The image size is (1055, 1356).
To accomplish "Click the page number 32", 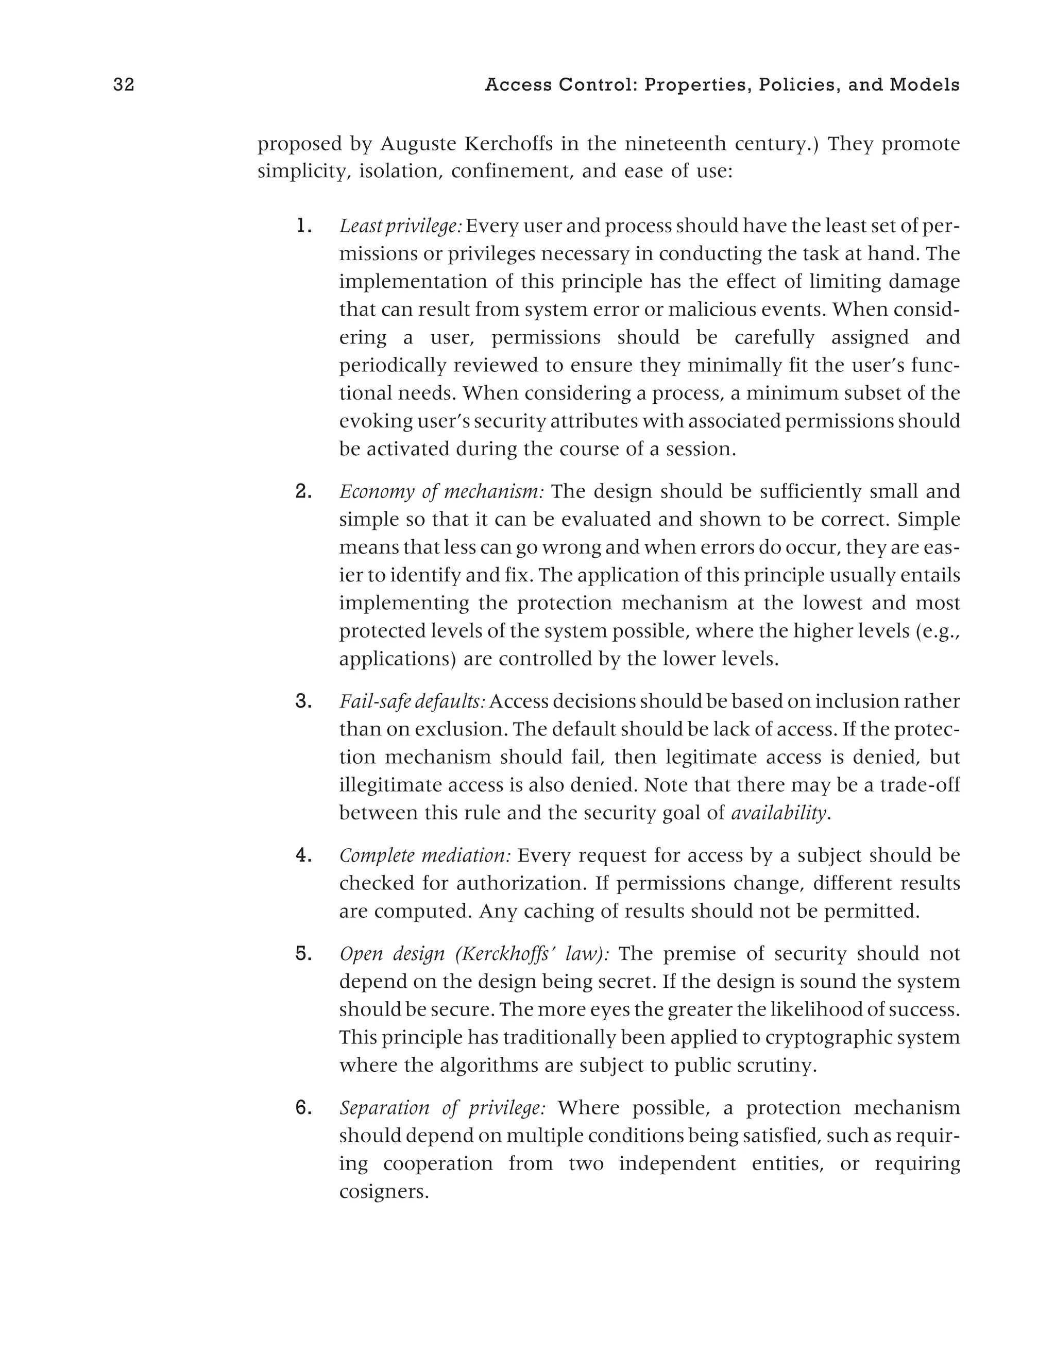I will pos(124,85).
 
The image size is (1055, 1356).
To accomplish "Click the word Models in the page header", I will pos(924,85).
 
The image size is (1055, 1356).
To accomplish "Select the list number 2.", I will pos(303,492).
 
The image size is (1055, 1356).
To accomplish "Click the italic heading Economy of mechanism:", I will pos(441,492).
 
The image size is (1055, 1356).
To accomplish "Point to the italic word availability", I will pos(779,813).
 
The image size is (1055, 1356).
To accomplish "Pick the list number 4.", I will pos(303,856).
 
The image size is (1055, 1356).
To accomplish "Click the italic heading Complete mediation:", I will pos(425,856).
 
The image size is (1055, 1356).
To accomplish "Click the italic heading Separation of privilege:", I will pos(442,1108).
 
